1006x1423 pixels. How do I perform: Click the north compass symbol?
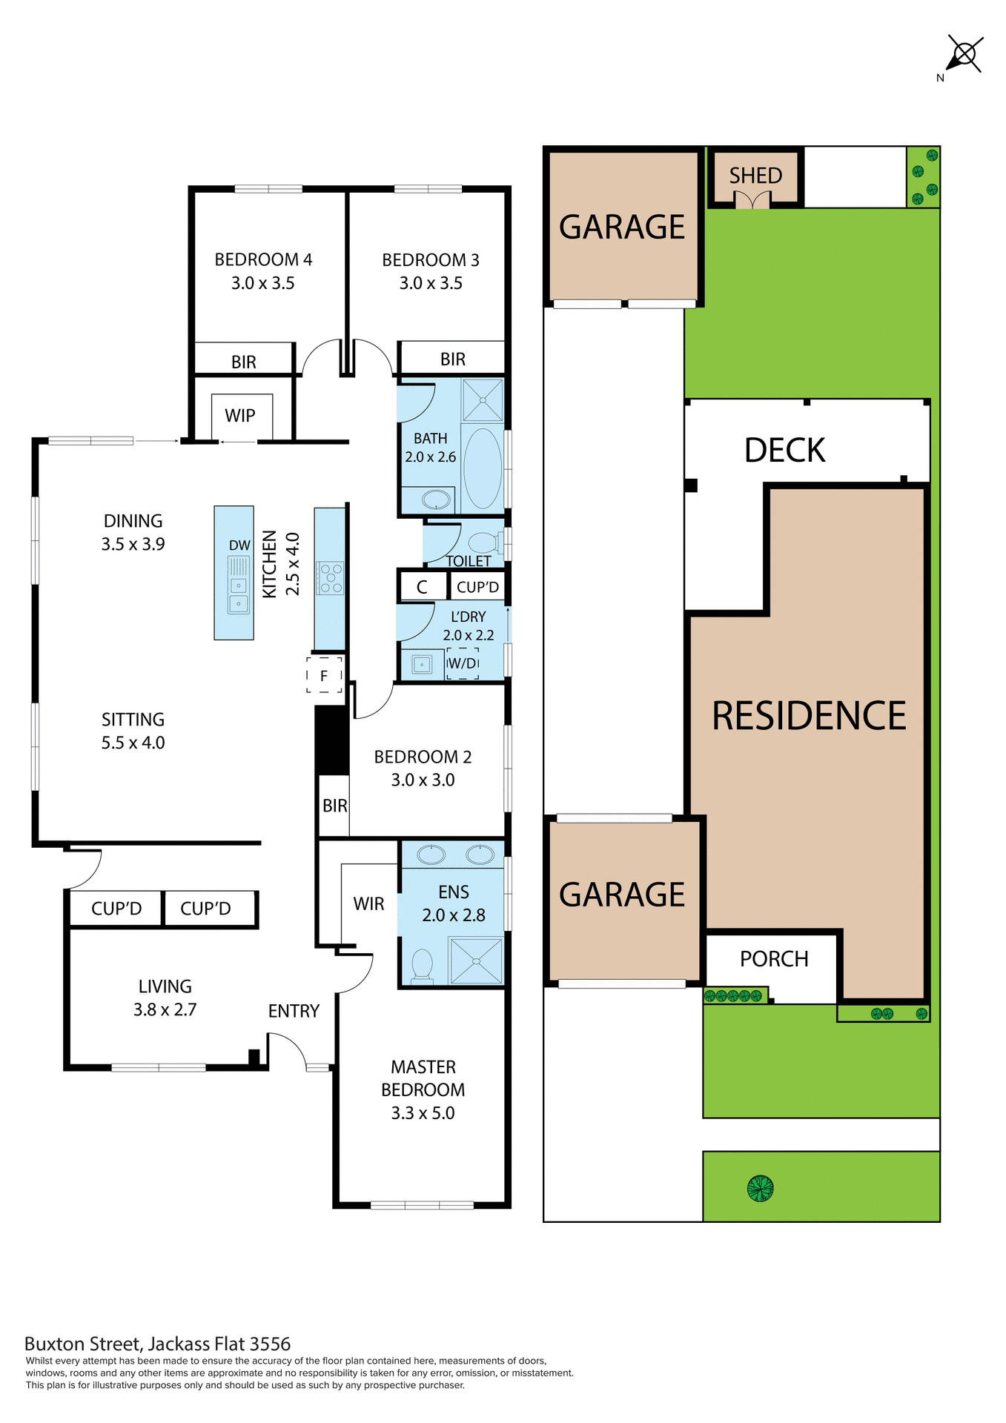964,54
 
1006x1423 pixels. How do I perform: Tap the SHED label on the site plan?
755,176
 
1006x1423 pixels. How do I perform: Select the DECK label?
784,451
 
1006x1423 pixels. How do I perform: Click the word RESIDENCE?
809,716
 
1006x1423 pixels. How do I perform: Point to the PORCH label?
774,959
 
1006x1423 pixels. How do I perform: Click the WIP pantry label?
239,416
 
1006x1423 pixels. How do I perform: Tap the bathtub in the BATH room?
483,468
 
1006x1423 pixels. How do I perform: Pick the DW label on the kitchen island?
239,545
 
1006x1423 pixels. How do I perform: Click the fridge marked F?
324,675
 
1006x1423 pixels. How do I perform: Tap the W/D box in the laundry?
463,663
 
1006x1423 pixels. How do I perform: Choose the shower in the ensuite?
476,961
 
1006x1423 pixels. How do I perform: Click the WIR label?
368,904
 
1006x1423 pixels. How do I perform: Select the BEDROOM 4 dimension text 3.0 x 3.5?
262,283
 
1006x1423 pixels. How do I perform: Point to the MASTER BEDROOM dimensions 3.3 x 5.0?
423,1113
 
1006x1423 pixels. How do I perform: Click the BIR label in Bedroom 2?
334,806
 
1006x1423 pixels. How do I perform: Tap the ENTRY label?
294,1011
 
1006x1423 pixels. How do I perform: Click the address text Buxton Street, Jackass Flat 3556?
157,1344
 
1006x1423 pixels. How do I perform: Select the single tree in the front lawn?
760,1188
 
